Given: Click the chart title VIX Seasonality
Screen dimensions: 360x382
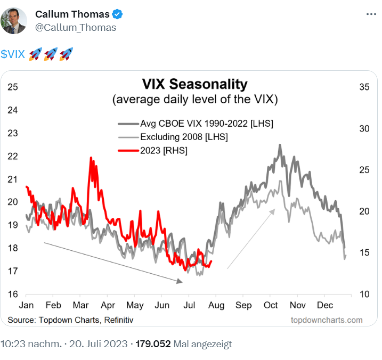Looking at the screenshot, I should point(194,84).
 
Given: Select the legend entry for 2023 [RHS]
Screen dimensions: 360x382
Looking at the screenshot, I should point(164,151).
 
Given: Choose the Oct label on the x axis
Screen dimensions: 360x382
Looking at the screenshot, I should point(271,306).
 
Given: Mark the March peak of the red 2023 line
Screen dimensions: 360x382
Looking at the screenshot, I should point(91,158).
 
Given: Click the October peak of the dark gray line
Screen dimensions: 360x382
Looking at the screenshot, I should point(279,145).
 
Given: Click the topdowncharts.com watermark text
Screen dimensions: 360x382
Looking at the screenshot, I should point(326,320).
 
